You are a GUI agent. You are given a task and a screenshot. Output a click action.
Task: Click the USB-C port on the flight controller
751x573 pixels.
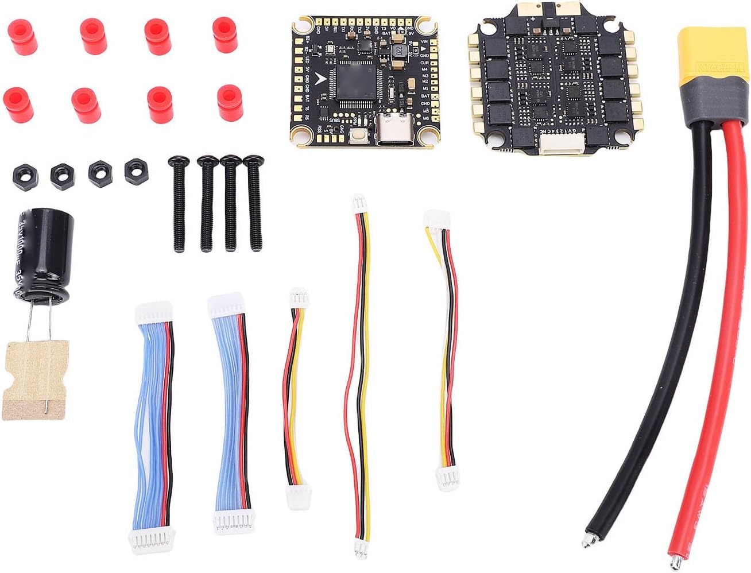394,131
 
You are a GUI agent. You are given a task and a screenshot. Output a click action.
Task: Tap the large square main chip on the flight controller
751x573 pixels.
356,84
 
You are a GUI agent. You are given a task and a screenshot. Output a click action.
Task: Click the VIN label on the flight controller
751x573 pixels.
424,42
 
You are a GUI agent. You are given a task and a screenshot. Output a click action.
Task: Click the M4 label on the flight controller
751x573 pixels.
425,69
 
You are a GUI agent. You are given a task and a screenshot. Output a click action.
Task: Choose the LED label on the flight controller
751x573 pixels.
308,60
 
